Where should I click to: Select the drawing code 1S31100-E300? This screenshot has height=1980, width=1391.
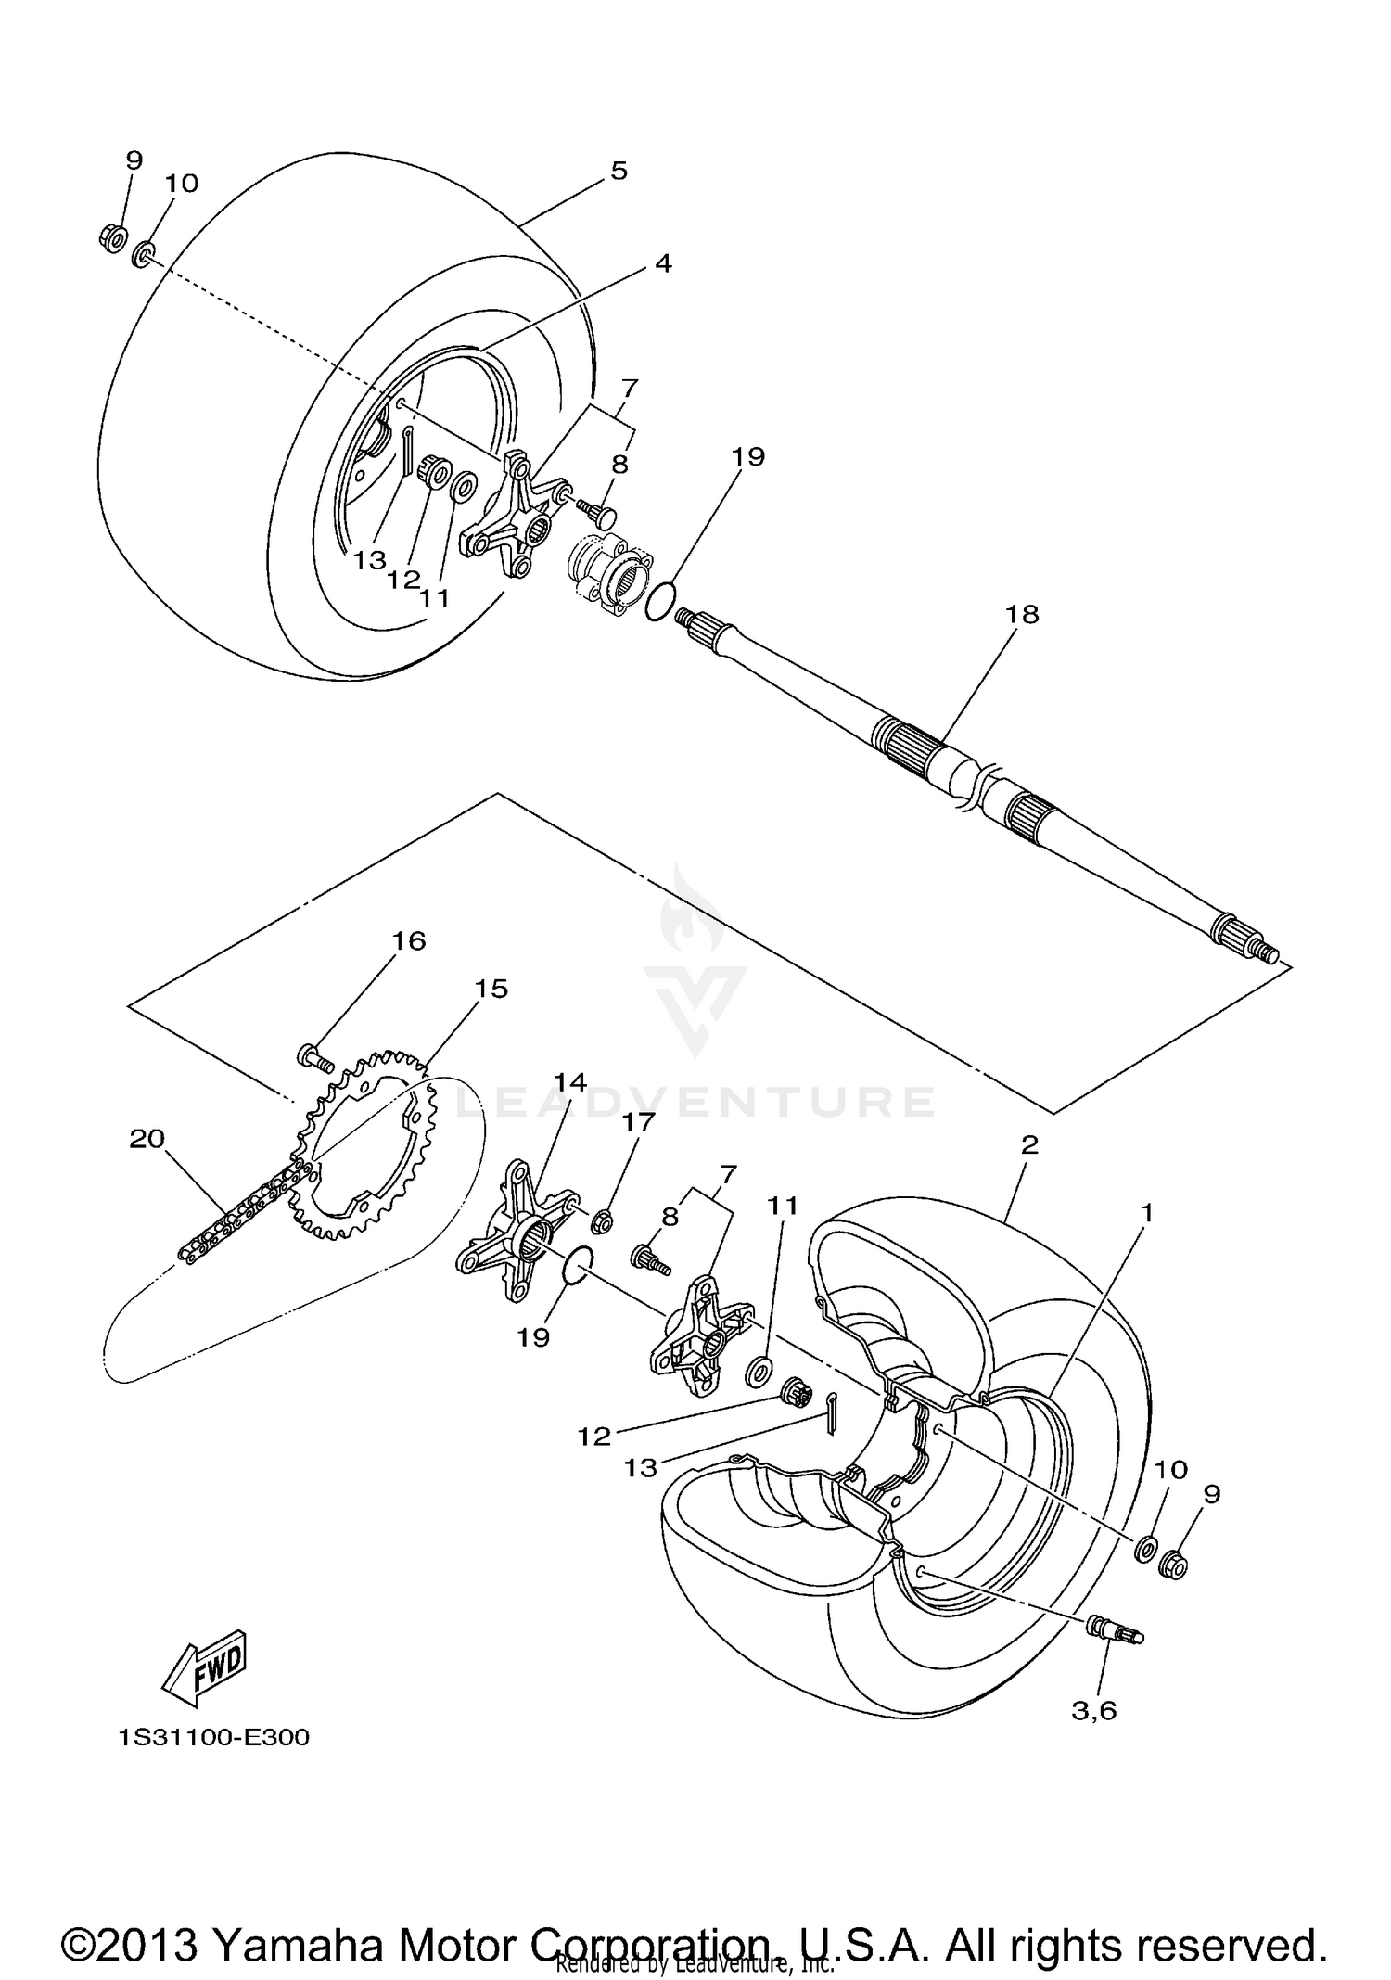click(213, 1737)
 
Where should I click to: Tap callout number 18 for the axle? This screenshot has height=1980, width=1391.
click(1024, 614)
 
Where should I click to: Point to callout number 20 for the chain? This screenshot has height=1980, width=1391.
click(148, 1138)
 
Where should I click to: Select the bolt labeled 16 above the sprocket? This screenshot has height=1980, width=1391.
click(315, 1057)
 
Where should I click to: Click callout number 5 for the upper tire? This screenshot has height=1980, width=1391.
click(619, 171)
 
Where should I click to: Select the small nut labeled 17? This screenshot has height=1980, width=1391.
click(601, 1221)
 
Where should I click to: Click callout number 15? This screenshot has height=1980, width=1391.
click(491, 990)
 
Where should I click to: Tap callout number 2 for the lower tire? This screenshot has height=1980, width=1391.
click(1029, 1144)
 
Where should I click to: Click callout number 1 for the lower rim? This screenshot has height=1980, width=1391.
click(1147, 1212)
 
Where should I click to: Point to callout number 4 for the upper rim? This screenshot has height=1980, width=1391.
click(662, 263)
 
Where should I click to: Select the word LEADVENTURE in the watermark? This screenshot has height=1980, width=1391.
click(695, 1101)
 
